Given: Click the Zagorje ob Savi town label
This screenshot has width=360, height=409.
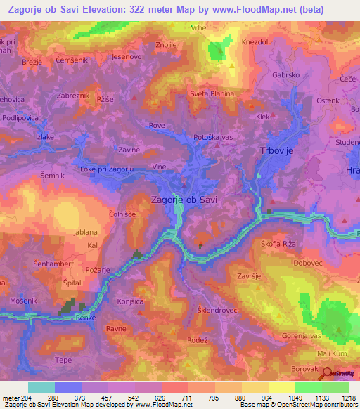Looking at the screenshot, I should (x=184, y=200).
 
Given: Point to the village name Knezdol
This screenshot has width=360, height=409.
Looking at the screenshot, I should (x=256, y=42).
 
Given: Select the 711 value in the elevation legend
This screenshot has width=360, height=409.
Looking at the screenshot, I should (x=187, y=397).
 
